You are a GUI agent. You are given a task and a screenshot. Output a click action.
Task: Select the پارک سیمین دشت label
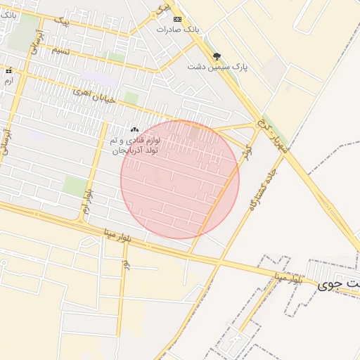tap(218, 66)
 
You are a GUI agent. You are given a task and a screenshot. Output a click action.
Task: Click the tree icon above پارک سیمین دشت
tap(216, 56)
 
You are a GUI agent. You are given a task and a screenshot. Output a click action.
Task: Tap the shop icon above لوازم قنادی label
tap(135, 130)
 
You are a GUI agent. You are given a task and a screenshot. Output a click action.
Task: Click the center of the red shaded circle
tap(180, 179)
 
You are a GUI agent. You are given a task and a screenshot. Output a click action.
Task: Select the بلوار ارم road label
tap(86, 201)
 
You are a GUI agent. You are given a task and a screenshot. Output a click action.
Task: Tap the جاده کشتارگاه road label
tap(264, 185)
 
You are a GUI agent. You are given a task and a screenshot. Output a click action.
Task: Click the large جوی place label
tap(338, 284)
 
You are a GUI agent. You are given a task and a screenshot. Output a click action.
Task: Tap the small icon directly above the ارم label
tap(8, 71)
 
